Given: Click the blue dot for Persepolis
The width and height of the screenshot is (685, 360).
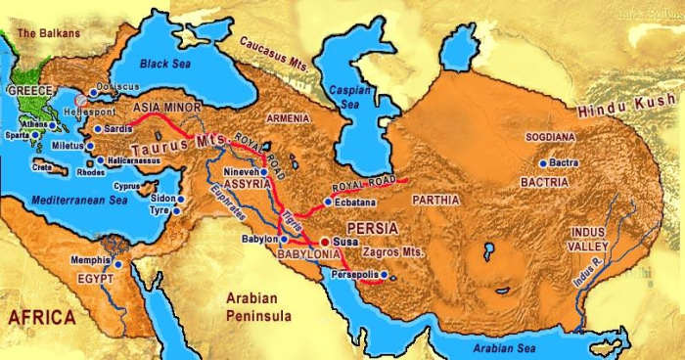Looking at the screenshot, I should tap(385, 274).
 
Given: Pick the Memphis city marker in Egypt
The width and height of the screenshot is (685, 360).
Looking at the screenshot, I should tap(118, 263).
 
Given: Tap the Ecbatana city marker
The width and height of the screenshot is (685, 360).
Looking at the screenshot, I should tap(328, 202).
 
